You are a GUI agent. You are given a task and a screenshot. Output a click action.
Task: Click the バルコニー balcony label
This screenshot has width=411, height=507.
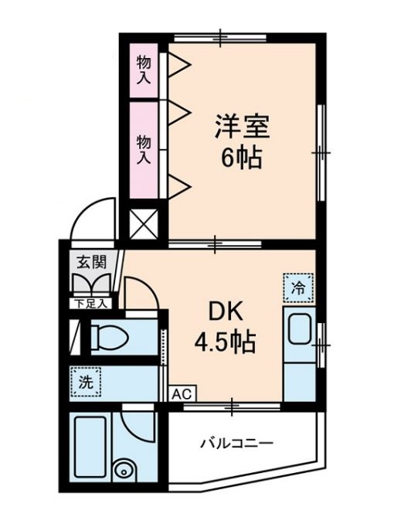[x=237, y=444]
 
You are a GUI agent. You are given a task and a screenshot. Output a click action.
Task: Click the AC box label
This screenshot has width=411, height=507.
[x=180, y=393]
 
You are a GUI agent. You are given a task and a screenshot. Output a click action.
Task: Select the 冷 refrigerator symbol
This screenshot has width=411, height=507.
[x=297, y=288]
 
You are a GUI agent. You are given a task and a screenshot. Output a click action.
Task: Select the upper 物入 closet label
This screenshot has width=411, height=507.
[x=143, y=70]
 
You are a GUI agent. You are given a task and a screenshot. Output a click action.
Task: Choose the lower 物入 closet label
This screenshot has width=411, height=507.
[x=143, y=148]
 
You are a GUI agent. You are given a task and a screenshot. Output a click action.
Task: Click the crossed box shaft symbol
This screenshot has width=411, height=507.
[x=143, y=223]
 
